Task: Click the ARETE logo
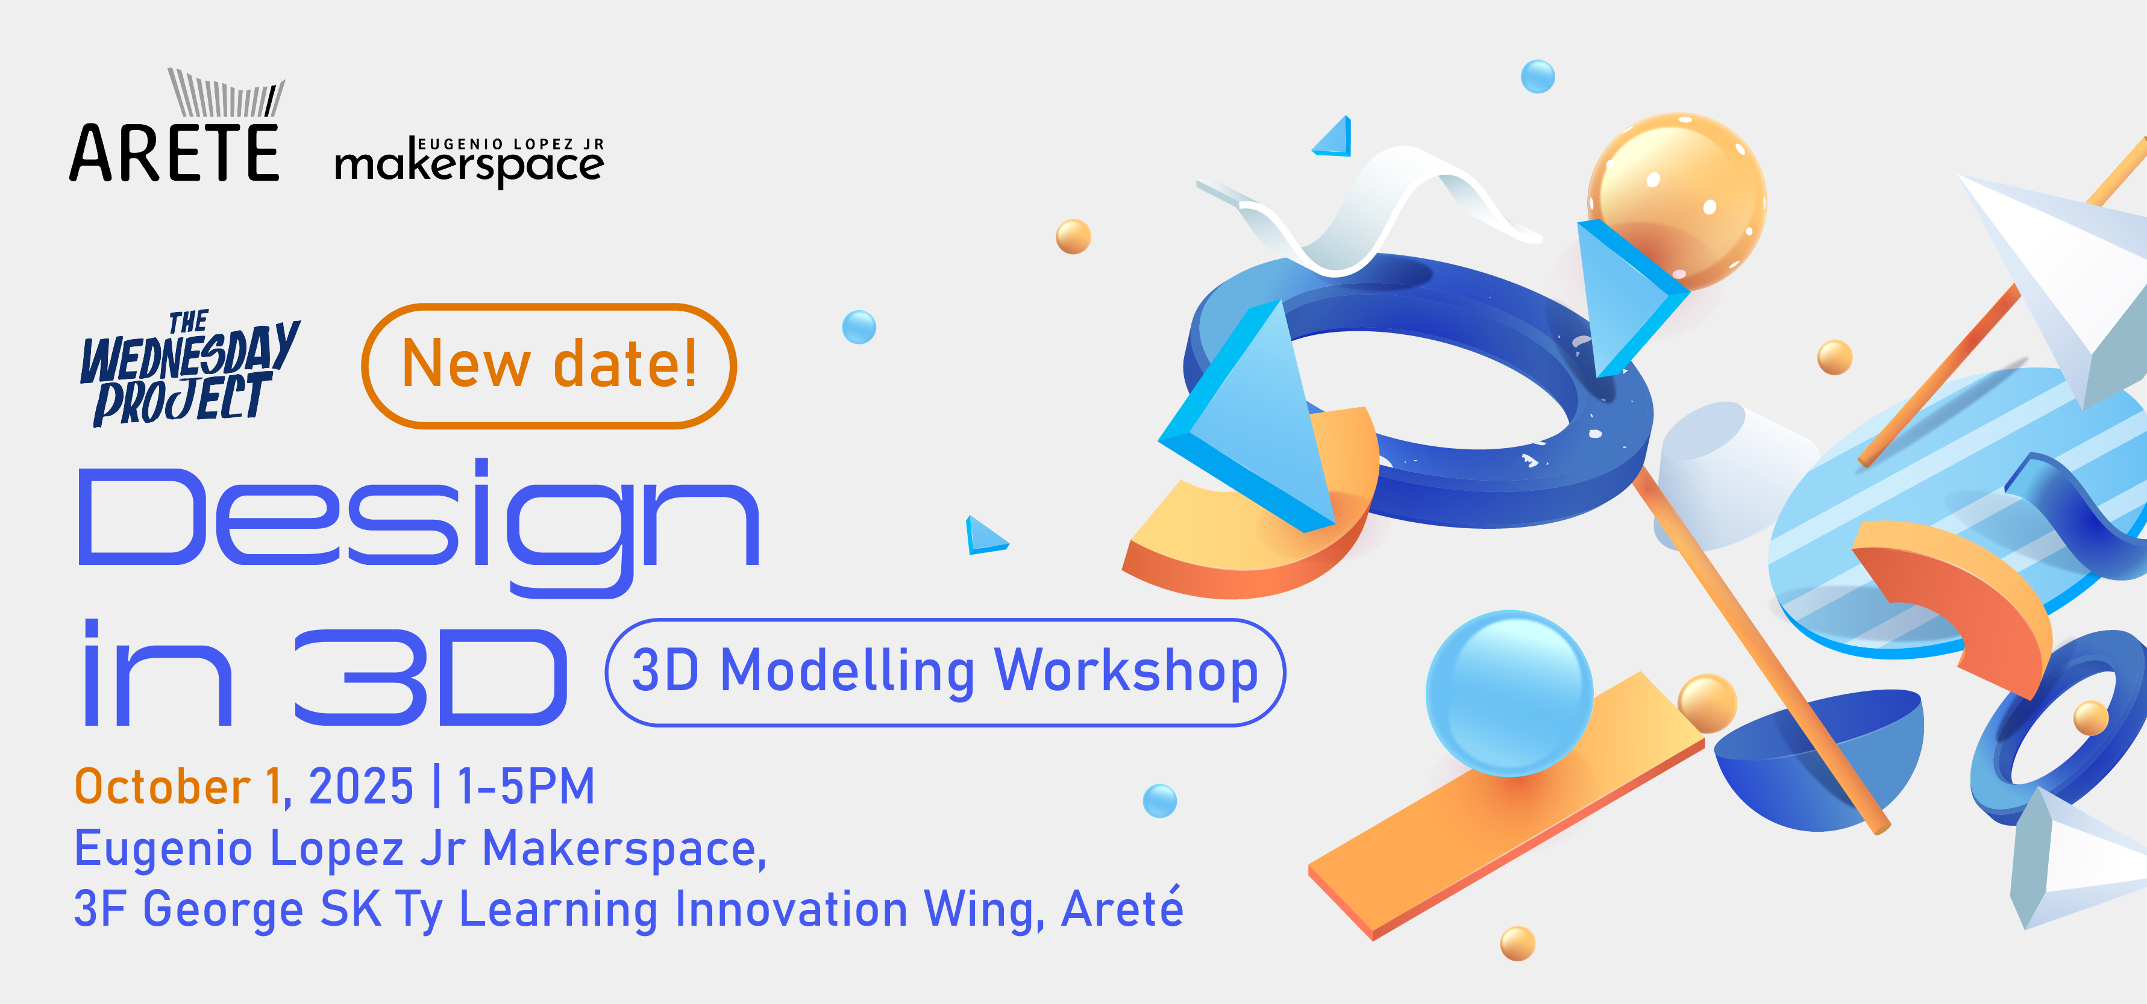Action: point(175,133)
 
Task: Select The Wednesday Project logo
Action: point(189,368)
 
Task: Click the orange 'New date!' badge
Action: point(548,366)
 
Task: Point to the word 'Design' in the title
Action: point(417,521)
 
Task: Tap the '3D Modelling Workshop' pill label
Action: point(944,672)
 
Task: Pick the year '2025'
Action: point(361,787)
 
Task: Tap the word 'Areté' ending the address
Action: point(1122,908)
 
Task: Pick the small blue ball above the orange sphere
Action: point(1538,76)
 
